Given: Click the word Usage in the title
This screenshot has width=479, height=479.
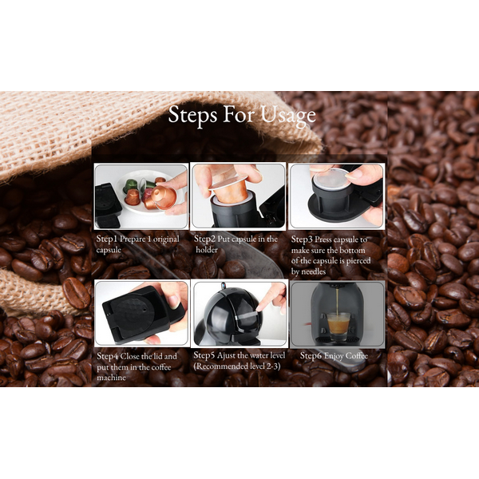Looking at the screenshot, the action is tap(288, 116).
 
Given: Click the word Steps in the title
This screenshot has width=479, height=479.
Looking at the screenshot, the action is tap(192, 114).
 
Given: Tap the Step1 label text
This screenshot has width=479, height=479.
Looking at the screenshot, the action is tap(107, 239).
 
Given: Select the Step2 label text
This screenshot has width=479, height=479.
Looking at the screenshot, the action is tap(204, 239).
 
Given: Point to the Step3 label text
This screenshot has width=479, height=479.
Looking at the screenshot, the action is tap(302, 239).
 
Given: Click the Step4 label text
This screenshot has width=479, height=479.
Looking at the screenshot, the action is tap(107, 356).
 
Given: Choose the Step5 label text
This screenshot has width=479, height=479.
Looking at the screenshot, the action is tap(204, 355).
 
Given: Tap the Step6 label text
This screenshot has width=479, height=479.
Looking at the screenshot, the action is tap(311, 355).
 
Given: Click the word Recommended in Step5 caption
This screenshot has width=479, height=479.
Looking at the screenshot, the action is tap(217, 366).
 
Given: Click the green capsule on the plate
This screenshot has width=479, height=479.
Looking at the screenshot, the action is tap(129, 185).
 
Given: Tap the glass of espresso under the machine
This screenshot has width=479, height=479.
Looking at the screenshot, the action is tap(338, 327).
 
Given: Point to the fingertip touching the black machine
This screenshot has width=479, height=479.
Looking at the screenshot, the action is tap(260, 307).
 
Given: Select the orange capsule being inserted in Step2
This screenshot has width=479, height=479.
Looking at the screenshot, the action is tap(229, 190).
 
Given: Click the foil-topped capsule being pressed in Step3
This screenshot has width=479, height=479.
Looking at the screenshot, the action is tap(331, 180).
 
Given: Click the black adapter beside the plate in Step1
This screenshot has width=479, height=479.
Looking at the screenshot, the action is tap(108, 205).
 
